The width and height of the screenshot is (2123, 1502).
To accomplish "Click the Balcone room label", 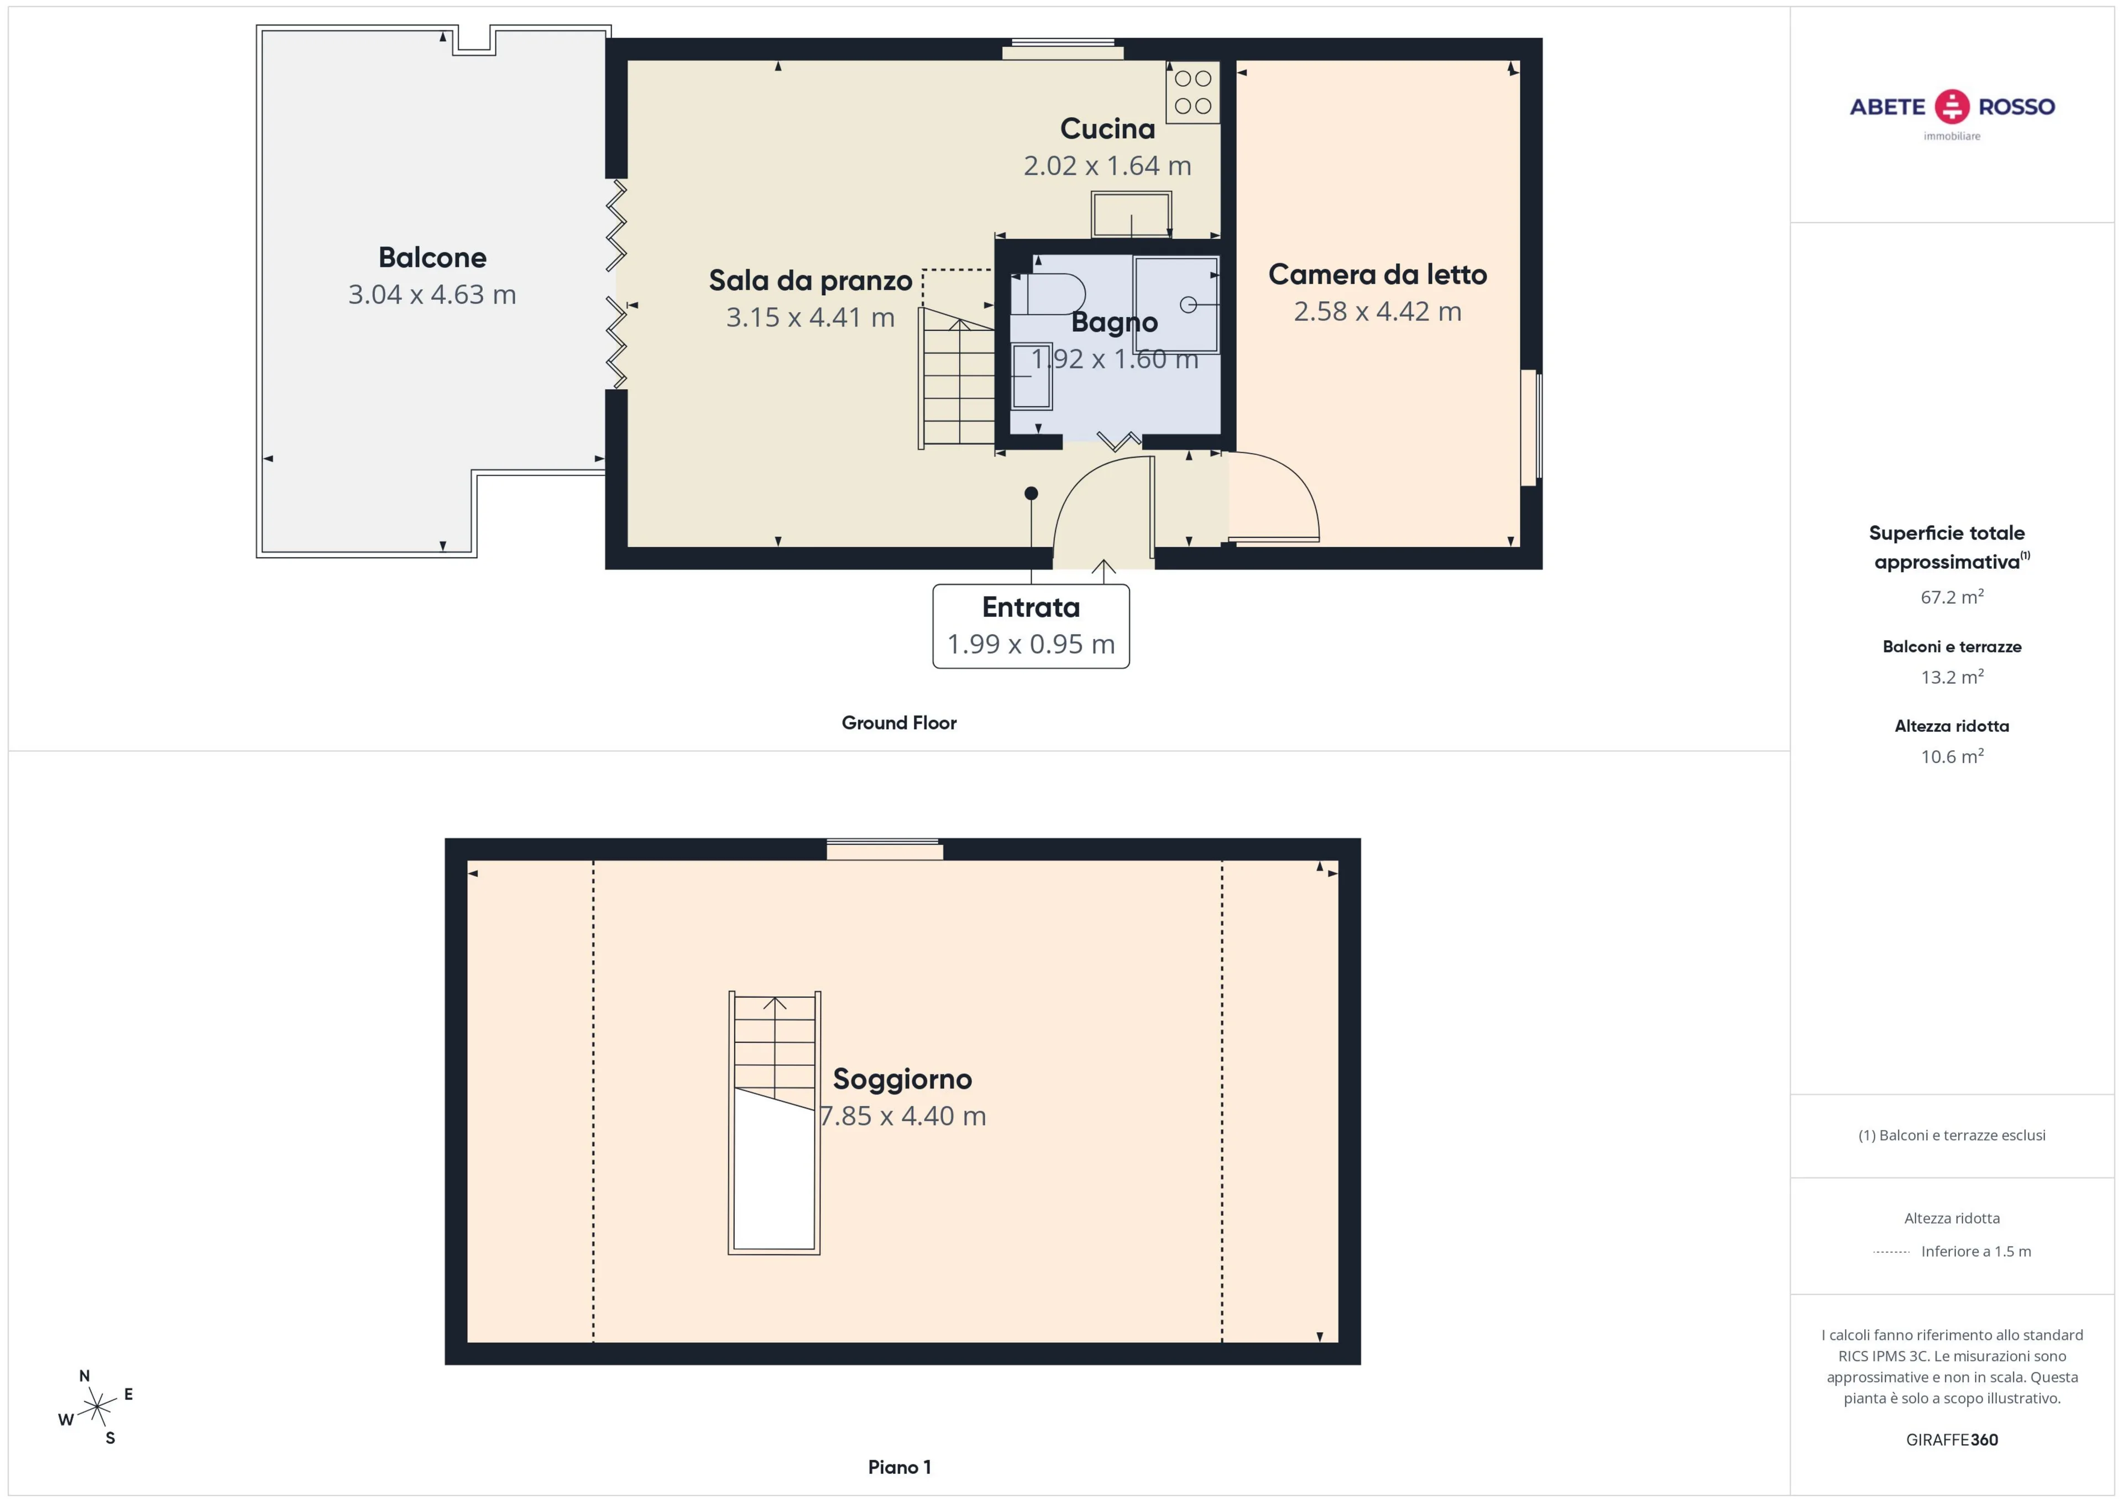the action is coord(432,257).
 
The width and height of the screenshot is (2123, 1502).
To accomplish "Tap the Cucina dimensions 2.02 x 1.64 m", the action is coord(1107,165).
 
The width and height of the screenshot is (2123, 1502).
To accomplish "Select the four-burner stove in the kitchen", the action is coord(1193,92).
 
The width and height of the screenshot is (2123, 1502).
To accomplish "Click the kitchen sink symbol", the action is coord(1131,214).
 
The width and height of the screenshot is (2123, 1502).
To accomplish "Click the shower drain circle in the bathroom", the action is coord(1188,304).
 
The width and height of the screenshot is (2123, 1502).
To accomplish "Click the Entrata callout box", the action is coord(1031,625).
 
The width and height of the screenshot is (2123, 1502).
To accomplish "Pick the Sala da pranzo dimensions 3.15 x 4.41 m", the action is coord(810,317).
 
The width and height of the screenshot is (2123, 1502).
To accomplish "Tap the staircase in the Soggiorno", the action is coord(774,1123).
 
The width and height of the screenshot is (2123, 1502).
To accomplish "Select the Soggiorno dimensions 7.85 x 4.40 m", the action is coord(903,1116).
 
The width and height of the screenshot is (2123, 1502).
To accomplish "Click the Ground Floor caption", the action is coord(899,723).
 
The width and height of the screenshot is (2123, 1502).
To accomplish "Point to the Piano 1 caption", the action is coord(899,1467).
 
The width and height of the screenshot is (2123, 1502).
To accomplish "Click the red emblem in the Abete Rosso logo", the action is coord(1952,106).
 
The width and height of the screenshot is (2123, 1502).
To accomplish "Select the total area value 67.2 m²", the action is coord(1952,596).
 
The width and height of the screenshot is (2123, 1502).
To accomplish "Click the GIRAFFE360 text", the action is coord(1952,1439).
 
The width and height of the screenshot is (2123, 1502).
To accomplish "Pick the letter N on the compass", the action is coord(84,1375).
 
